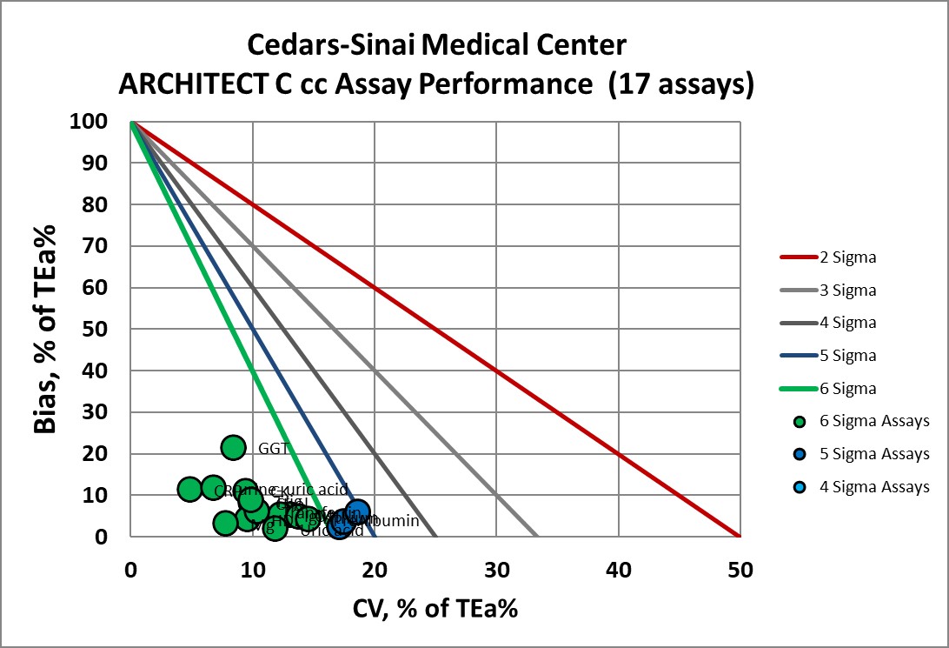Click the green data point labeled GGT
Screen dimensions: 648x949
(x=233, y=447)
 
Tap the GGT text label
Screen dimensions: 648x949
(x=273, y=449)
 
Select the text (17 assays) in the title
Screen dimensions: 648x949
(x=680, y=84)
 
